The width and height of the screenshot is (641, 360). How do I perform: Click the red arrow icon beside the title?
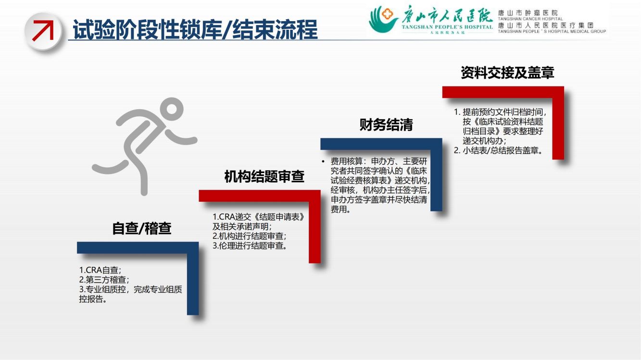(x=43, y=30)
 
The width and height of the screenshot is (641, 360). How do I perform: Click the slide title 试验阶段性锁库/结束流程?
(x=195, y=29)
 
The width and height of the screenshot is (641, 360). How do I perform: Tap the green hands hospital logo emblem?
(x=383, y=19)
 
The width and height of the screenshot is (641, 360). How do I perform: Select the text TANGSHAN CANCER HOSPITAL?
(x=530, y=19)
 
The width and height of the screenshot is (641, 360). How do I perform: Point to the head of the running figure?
(x=171, y=109)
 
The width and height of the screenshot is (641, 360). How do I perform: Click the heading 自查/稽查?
(x=142, y=228)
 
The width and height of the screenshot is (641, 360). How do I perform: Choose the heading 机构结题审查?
(x=264, y=176)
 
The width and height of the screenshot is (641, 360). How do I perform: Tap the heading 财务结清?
(x=386, y=124)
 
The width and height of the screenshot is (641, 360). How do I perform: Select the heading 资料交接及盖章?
(x=507, y=73)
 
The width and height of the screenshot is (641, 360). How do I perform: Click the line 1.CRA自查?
(x=100, y=270)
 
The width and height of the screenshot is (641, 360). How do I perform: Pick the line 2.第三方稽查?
(x=104, y=280)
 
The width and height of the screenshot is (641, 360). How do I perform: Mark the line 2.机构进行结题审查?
(x=249, y=236)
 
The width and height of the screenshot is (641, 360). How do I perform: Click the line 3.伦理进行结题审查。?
(x=250, y=246)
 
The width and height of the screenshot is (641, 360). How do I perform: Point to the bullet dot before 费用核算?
(x=323, y=161)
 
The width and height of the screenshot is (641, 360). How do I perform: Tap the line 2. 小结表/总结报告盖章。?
(x=499, y=150)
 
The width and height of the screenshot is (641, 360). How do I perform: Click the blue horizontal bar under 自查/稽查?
(x=138, y=248)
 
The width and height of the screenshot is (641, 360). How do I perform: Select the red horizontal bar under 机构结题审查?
(x=260, y=196)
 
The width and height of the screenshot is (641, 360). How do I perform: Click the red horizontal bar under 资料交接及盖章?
(x=503, y=92)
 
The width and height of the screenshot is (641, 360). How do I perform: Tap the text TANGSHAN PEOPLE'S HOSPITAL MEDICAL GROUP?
(x=552, y=31)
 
